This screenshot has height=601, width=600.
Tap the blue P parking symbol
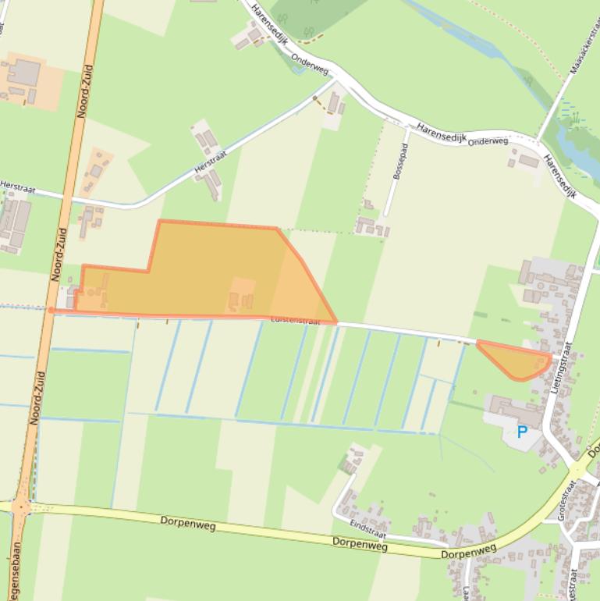[522, 431]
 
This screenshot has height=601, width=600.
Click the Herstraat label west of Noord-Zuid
[17, 186]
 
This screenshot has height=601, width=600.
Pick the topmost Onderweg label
[310, 63]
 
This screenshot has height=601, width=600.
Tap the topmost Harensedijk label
[264, 23]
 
